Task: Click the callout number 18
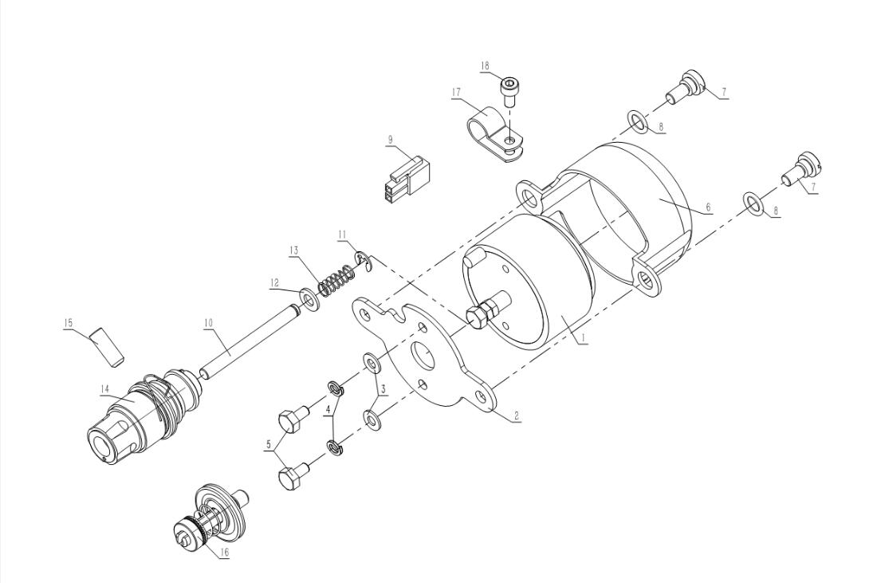click(x=485, y=66)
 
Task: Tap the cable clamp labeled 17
click(x=494, y=132)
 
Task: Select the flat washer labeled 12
click(x=309, y=298)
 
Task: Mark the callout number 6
click(x=708, y=207)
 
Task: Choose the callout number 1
click(x=583, y=338)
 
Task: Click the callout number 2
click(x=517, y=416)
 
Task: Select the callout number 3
click(x=383, y=388)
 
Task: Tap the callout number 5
click(x=269, y=446)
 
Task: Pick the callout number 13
click(x=294, y=250)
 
